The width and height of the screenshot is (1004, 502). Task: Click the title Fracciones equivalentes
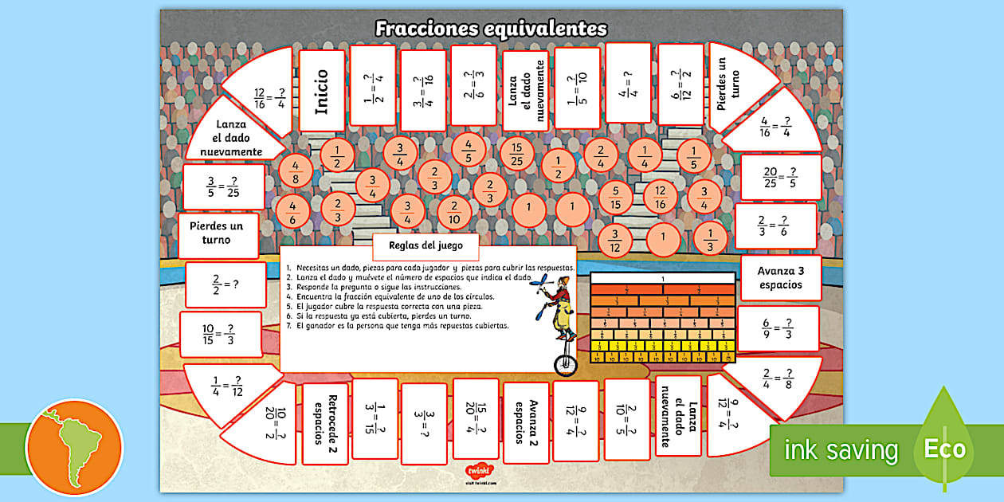tap(491, 29)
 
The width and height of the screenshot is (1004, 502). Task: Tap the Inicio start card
tap(321, 91)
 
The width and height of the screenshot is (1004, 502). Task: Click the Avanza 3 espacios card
tap(780, 277)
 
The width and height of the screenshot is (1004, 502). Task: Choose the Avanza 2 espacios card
tap(526, 422)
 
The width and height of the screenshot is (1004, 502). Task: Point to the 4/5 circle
tap(469, 150)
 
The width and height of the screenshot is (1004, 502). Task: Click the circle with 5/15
tap(615, 198)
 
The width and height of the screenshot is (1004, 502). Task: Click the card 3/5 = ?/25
tap(223, 187)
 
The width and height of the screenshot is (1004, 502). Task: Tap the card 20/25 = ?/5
tap(780, 177)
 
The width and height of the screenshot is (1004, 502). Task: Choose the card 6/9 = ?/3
tap(777, 327)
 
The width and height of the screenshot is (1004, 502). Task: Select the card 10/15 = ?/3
tap(220, 334)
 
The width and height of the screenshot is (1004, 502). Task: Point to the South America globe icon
tap(74, 448)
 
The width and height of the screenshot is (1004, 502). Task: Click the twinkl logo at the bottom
tap(478, 471)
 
